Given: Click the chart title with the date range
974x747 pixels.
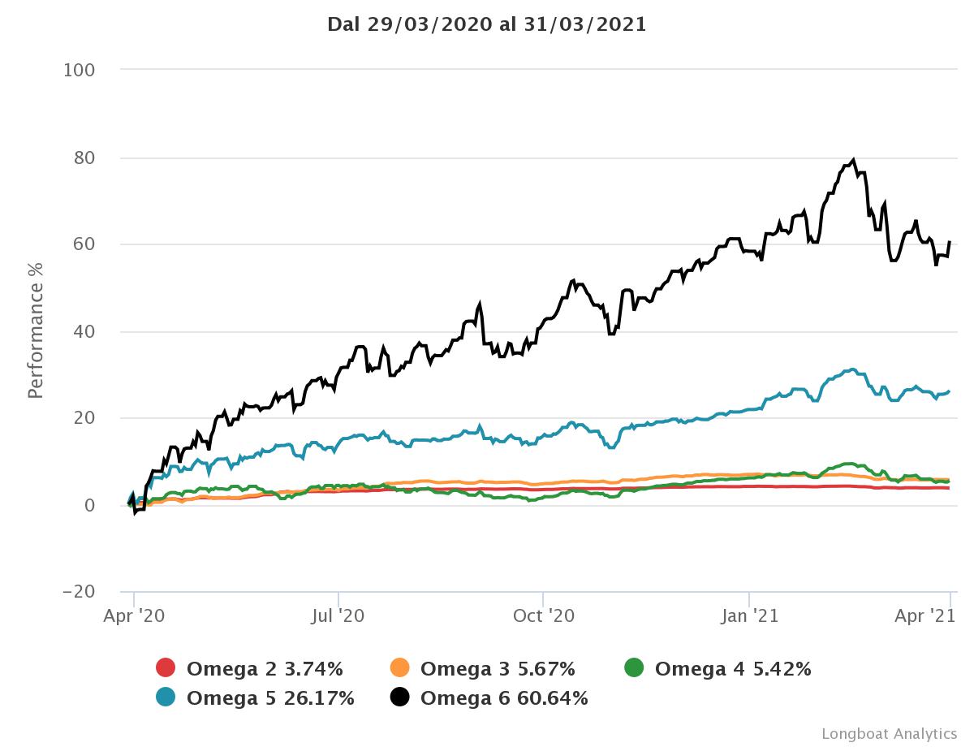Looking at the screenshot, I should [487, 24].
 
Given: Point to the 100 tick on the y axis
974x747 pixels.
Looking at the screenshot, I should [80, 70].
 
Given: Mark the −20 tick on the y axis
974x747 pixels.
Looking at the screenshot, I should [79, 592].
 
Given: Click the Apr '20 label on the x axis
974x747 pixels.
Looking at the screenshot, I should [134, 616].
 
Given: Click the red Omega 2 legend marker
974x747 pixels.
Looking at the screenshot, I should [166, 668].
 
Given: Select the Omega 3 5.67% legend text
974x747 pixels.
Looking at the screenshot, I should [498, 669].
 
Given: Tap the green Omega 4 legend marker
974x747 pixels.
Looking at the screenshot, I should [634, 668].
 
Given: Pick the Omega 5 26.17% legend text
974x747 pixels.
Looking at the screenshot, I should [270, 697].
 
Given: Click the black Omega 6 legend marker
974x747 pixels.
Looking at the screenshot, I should [400, 697].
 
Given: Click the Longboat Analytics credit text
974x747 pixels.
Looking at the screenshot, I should [889, 733].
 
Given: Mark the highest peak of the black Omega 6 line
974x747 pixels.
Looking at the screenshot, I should [852, 160].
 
